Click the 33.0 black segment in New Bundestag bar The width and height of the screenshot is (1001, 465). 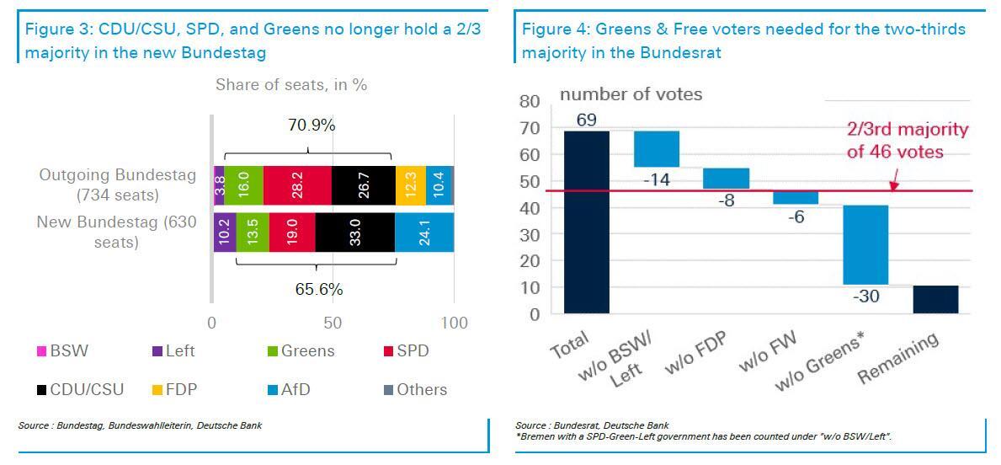[354, 232]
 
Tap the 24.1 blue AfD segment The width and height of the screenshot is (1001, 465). [424, 232]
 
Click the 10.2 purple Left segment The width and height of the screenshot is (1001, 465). [224, 232]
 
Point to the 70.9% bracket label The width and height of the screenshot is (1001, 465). [311, 126]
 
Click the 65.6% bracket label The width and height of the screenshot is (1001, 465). [318, 289]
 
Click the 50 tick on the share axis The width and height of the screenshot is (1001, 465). [333, 323]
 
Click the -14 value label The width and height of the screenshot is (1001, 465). [657, 179]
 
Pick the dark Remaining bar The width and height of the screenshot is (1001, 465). [935, 299]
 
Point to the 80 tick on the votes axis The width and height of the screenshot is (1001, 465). [530, 102]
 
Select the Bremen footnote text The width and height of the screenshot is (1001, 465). [703, 436]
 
